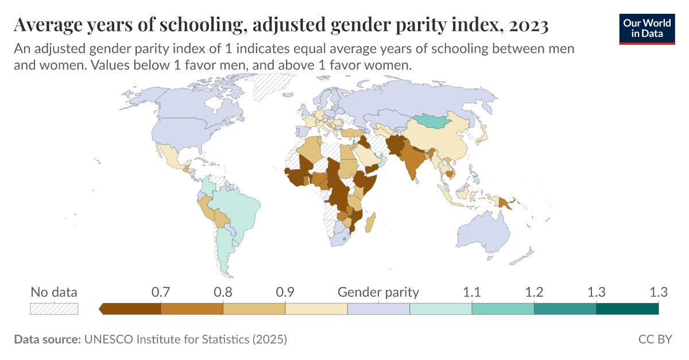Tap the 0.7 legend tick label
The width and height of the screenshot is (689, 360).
tap(161, 292)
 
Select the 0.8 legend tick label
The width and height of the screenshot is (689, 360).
tap(223, 292)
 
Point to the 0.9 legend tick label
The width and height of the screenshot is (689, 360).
tap(285, 292)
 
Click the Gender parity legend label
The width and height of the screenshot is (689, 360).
tap(378, 292)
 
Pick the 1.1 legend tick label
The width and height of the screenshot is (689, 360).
tap(472, 292)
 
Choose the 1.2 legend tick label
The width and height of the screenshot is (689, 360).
tap(534, 292)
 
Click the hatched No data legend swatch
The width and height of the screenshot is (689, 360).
tap(54, 309)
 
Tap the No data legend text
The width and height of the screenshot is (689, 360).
tap(54, 292)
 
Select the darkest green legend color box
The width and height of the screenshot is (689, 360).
tap(627, 309)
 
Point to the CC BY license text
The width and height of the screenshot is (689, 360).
tap(655, 339)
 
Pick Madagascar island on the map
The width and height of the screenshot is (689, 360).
tap(371, 222)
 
